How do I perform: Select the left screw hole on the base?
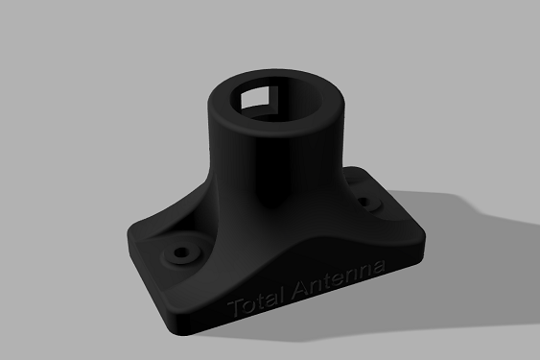point(178,253)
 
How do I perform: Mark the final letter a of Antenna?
point(380,265)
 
